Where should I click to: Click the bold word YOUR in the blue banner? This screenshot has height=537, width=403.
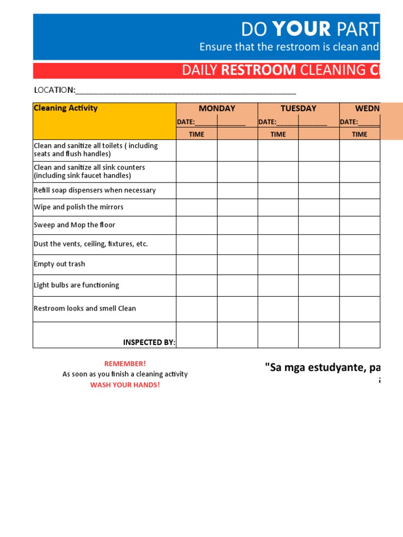[x=301, y=29]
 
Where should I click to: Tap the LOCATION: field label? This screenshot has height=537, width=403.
[x=55, y=90]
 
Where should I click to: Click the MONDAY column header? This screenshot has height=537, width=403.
[x=217, y=109]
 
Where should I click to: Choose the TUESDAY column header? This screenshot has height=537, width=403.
[x=298, y=109]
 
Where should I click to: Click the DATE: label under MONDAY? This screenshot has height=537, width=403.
[x=185, y=122]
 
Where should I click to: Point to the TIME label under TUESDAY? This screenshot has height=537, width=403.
[x=278, y=134]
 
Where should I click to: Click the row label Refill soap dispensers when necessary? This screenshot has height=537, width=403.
[x=94, y=190]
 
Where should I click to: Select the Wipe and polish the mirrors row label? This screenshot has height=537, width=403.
[x=79, y=207]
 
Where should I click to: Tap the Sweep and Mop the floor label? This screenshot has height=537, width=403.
[x=75, y=225]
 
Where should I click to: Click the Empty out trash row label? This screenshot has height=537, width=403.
[x=59, y=264]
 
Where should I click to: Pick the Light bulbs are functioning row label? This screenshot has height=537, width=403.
[x=77, y=285]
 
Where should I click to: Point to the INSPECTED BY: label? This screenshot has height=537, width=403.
[x=149, y=342]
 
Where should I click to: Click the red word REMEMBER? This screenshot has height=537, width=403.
[x=125, y=363]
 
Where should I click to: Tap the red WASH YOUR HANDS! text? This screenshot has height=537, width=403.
[x=125, y=385]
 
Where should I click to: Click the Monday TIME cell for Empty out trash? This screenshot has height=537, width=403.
[x=196, y=264]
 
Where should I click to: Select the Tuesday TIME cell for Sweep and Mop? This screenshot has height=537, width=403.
[x=278, y=225]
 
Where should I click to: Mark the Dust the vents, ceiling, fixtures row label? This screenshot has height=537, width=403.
[x=91, y=244]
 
